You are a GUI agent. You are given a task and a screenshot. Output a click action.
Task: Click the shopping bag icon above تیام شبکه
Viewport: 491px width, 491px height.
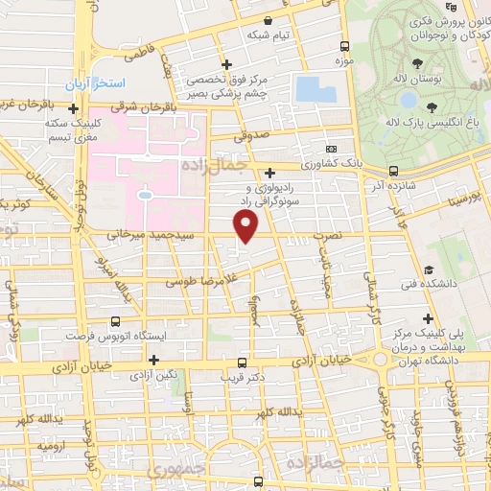[268, 20]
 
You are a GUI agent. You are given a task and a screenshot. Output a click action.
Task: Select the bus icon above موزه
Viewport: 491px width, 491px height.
[344, 45]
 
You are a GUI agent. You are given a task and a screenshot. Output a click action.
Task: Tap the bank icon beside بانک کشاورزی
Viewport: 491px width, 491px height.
[331, 150]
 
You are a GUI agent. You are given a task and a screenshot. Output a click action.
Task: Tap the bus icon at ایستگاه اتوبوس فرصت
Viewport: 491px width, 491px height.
[115, 322]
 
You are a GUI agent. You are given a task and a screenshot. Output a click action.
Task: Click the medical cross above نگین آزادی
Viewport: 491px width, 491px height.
[153, 360]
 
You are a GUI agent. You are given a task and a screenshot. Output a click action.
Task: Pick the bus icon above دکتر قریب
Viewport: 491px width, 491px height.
[241, 362]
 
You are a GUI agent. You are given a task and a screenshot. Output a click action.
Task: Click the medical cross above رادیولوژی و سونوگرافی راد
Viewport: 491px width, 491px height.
[270, 172]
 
